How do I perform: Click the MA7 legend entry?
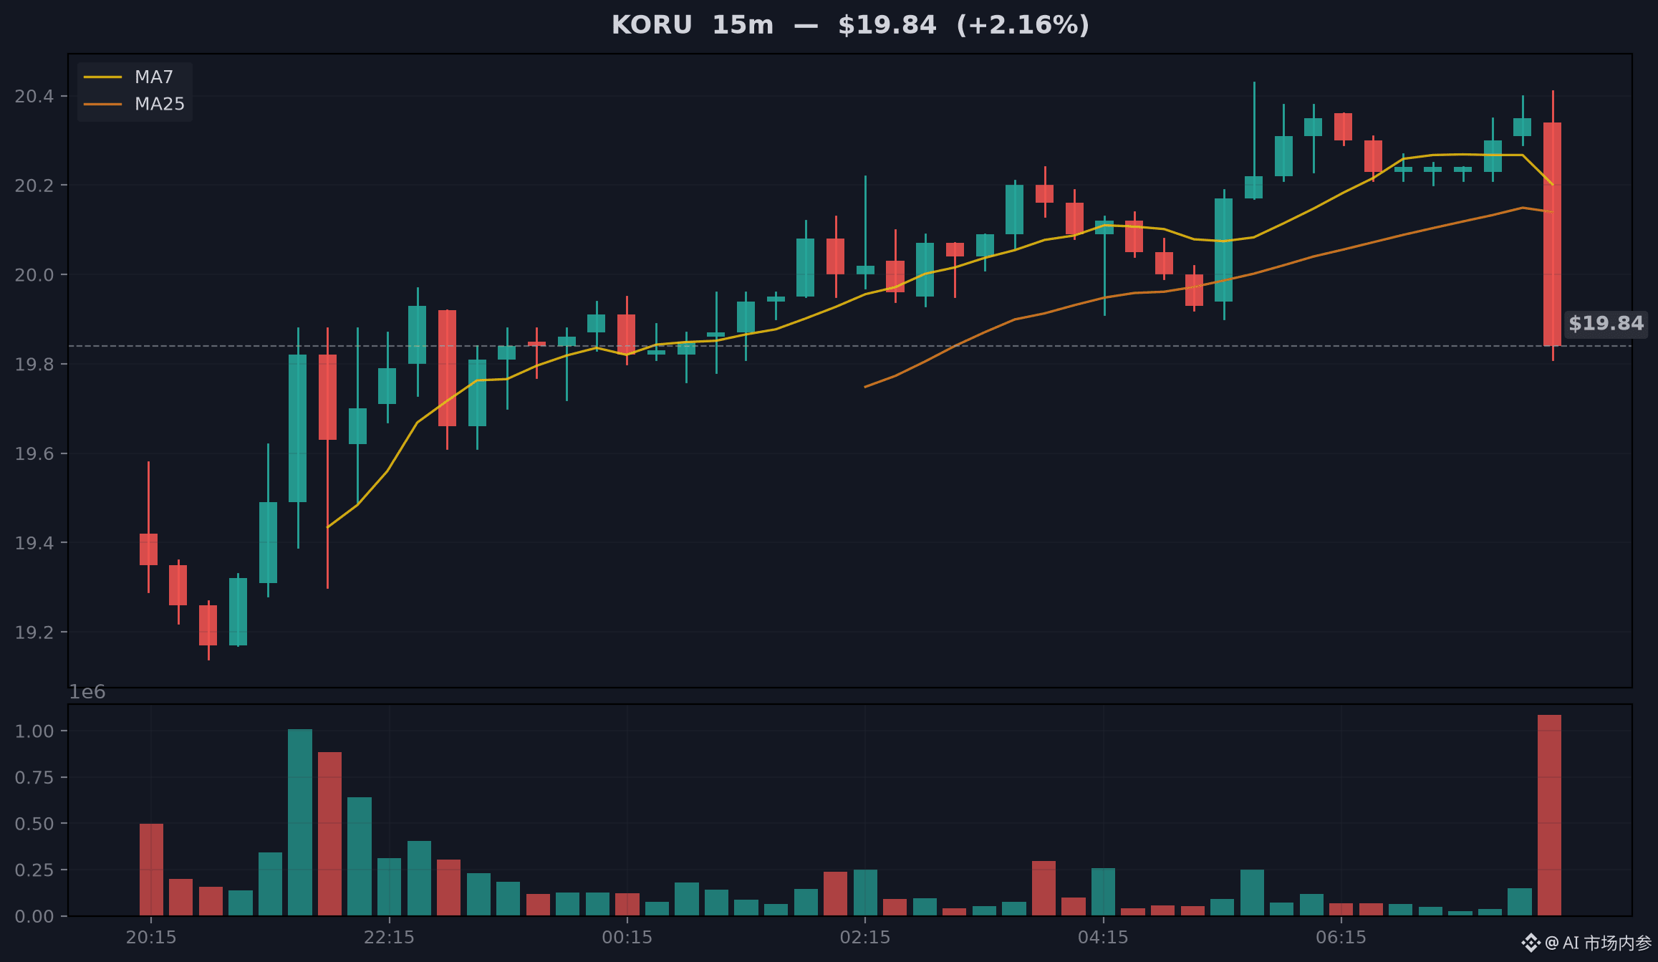pyautogui.click(x=134, y=77)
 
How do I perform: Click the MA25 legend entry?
pyautogui.click(x=134, y=104)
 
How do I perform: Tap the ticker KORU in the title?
pyautogui.click(x=651, y=25)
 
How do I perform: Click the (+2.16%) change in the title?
pyautogui.click(x=1023, y=25)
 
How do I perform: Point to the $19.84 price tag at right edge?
pyautogui.click(x=1606, y=323)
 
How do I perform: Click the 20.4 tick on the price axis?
pyautogui.click(x=34, y=96)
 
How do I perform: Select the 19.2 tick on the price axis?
pyautogui.click(x=34, y=632)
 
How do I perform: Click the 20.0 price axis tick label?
pyautogui.click(x=34, y=274)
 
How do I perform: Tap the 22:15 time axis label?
pyautogui.click(x=389, y=937)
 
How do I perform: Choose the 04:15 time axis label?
pyautogui.click(x=1103, y=937)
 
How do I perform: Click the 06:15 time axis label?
pyautogui.click(x=1341, y=937)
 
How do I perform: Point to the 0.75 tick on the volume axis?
pyautogui.click(x=34, y=777)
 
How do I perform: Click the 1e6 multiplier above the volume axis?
pyautogui.click(x=87, y=692)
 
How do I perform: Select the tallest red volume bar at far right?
pyautogui.click(x=1549, y=815)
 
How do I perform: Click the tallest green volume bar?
pyautogui.click(x=300, y=822)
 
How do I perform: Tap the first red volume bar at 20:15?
pyautogui.click(x=151, y=870)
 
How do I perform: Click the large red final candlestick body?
pyautogui.click(x=1552, y=234)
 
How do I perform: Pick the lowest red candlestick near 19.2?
pyautogui.click(x=208, y=625)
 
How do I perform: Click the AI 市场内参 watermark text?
pyautogui.click(x=1606, y=943)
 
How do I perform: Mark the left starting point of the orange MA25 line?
pyautogui.click(x=865, y=387)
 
